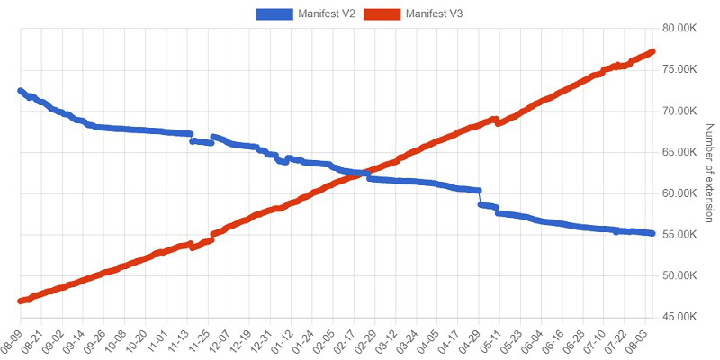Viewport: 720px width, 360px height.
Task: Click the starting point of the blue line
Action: coord(21,91)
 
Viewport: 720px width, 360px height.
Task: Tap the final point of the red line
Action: coord(652,51)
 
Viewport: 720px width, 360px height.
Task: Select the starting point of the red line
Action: coord(21,301)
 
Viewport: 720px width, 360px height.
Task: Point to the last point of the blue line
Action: coord(652,233)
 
